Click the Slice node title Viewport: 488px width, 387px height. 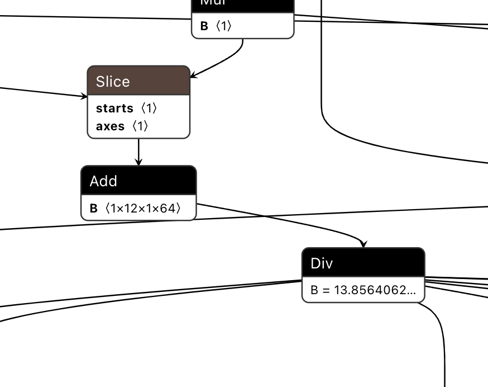113,82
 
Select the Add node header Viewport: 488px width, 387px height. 138,181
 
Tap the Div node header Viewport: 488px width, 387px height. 363,263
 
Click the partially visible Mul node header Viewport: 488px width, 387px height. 242,4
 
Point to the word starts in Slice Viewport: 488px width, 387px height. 114,108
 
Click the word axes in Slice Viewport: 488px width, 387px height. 110,126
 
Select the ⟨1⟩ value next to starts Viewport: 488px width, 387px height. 149,108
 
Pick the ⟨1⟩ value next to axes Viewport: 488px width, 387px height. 140,126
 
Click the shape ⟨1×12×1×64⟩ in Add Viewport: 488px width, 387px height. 143,209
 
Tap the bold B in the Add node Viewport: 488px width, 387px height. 94,209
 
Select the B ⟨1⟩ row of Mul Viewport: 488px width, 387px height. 242,26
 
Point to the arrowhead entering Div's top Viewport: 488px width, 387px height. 363,245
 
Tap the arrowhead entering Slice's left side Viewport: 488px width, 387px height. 84,96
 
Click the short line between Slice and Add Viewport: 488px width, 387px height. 138,150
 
